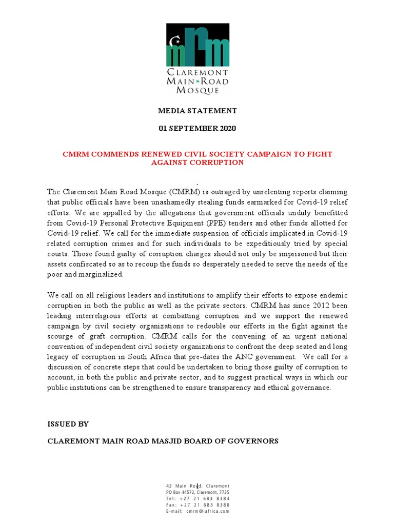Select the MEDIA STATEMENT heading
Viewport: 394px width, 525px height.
click(x=197, y=110)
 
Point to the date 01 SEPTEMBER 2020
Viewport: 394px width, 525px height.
click(x=197, y=128)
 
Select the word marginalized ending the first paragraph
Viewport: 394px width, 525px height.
click(x=101, y=274)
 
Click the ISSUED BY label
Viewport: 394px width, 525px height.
click(x=68, y=424)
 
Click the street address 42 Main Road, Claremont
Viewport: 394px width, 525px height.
click(x=198, y=486)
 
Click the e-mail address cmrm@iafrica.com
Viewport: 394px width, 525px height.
click(x=208, y=511)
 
